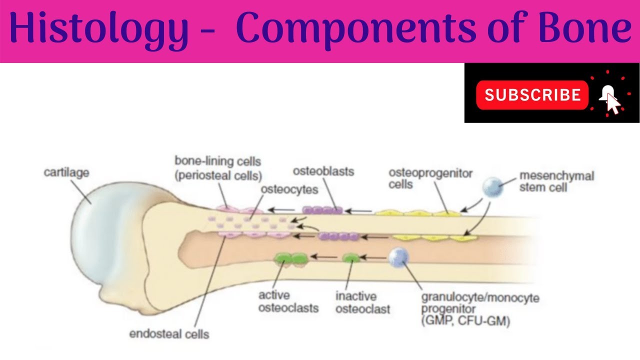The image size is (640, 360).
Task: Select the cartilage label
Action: pyautogui.click(x=66, y=173)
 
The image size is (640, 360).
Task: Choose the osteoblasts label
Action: pyautogui.click(x=323, y=171)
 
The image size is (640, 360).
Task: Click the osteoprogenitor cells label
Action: pyautogui.click(x=430, y=178)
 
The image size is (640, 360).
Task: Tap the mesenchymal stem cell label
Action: pyautogui.click(x=556, y=181)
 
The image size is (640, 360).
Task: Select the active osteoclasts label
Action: pyautogui.click(x=288, y=301)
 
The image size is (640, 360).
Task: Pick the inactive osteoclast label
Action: pyautogui.click(x=362, y=302)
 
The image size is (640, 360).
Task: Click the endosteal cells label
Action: pyautogui.click(x=169, y=333)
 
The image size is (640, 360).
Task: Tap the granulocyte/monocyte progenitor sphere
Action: pyautogui.click(x=399, y=257)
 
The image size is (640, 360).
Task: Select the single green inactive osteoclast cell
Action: pyautogui.click(x=351, y=258)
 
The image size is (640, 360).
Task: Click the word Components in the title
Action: pyautogui.click(x=359, y=29)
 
